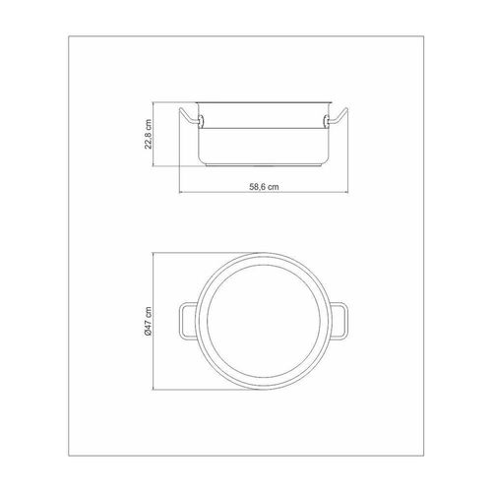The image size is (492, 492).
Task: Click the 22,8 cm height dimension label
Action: (x=149, y=134)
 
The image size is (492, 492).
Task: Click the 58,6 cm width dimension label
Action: (x=264, y=187)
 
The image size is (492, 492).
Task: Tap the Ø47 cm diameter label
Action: (x=149, y=322)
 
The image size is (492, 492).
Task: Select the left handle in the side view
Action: (x=189, y=116)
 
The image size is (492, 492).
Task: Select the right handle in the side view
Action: (x=338, y=116)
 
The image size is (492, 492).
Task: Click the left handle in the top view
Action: (x=180, y=322)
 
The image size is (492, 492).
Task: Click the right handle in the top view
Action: (x=347, y=322)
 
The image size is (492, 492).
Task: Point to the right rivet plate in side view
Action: (x=326, y=121)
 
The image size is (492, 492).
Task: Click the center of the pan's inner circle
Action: (x=264, y=322)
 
